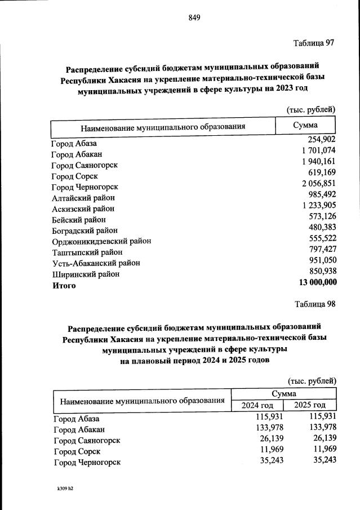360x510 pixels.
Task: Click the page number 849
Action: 194,17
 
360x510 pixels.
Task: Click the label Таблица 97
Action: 314,43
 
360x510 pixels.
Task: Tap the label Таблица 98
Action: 315,304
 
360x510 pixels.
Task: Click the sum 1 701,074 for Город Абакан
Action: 316,150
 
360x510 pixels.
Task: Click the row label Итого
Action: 64,285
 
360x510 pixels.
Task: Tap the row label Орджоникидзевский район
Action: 101,241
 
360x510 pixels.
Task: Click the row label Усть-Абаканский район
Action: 95,263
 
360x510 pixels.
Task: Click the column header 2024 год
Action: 257,405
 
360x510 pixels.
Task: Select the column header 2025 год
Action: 310,405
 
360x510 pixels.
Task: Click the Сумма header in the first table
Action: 305,125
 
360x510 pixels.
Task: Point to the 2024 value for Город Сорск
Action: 270,449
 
